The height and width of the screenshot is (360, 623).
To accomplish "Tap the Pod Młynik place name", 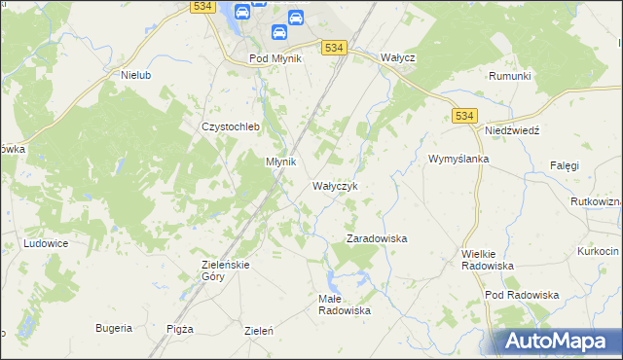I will point(276,58).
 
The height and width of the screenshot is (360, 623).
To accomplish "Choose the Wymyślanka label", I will point(458,159).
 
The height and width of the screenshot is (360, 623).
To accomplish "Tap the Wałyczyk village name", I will point(335,186).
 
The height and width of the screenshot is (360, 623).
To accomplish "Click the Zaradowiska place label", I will point(377,238).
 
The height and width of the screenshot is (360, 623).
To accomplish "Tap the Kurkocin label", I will point(597,251).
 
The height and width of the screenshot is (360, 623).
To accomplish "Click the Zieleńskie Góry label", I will point(227,270).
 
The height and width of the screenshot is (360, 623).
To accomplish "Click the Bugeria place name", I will point(114,328).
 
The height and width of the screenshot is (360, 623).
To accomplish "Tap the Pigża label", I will point(180,329).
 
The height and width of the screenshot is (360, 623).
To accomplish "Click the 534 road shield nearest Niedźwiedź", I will point(464,117).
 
